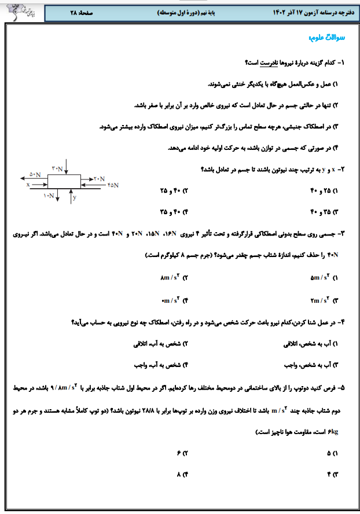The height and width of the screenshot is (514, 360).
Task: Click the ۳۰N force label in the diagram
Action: (57, 168)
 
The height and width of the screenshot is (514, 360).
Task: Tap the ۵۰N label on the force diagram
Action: (35, 174)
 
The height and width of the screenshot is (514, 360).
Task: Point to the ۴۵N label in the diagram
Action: (112, 185)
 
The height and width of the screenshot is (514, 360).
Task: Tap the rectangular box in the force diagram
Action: (64, 181)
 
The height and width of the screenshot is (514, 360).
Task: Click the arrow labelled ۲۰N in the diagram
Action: (91, 179)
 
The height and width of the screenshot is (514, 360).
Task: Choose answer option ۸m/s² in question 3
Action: (170, 278)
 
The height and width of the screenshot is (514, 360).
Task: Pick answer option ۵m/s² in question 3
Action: (320, 278)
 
